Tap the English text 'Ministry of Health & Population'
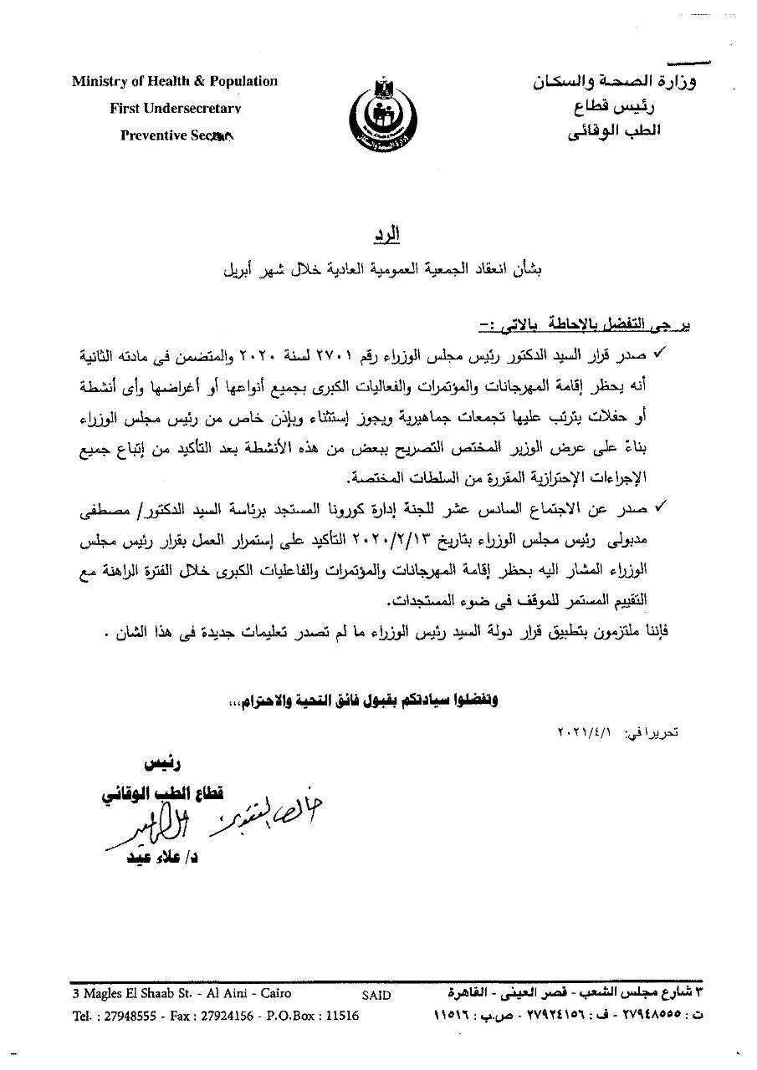coord(174,81)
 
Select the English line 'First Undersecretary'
coord(175,108)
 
